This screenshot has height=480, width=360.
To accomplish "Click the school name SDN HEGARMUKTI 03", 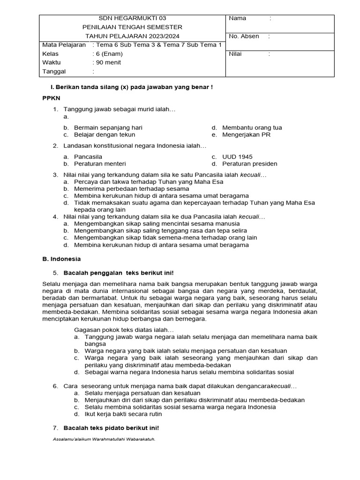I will pos(132,18).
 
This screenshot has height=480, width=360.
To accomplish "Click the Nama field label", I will pos(237,18).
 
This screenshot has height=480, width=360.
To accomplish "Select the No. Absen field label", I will pos(244,36).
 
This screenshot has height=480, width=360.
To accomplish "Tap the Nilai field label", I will pos(235,54).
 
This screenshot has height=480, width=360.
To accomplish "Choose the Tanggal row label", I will pos(54,72).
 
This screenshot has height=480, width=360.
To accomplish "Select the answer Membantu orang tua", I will pos(252,127).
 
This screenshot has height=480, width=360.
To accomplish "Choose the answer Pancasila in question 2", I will pos(88,157).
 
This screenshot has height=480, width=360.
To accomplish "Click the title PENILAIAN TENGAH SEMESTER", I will pos(132,27).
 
